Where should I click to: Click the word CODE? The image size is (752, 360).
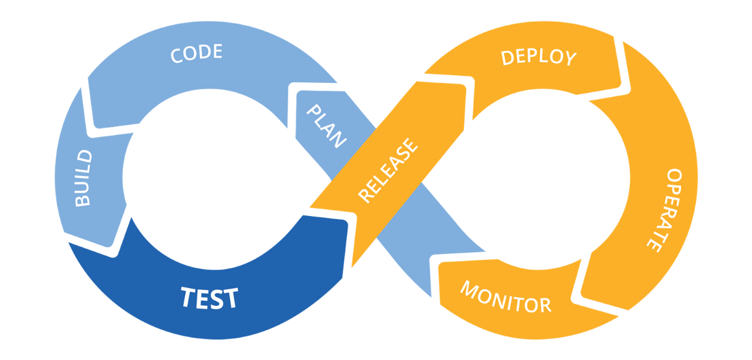tap(196, 53)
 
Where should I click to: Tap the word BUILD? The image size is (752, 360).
tap(84, 178)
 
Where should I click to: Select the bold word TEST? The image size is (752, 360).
tap(209, 298)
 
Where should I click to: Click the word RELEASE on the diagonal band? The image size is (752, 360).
tap(387, 172)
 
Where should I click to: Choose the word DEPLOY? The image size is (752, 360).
tap(539, 57)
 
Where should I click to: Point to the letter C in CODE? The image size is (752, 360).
tap(176, 56)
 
